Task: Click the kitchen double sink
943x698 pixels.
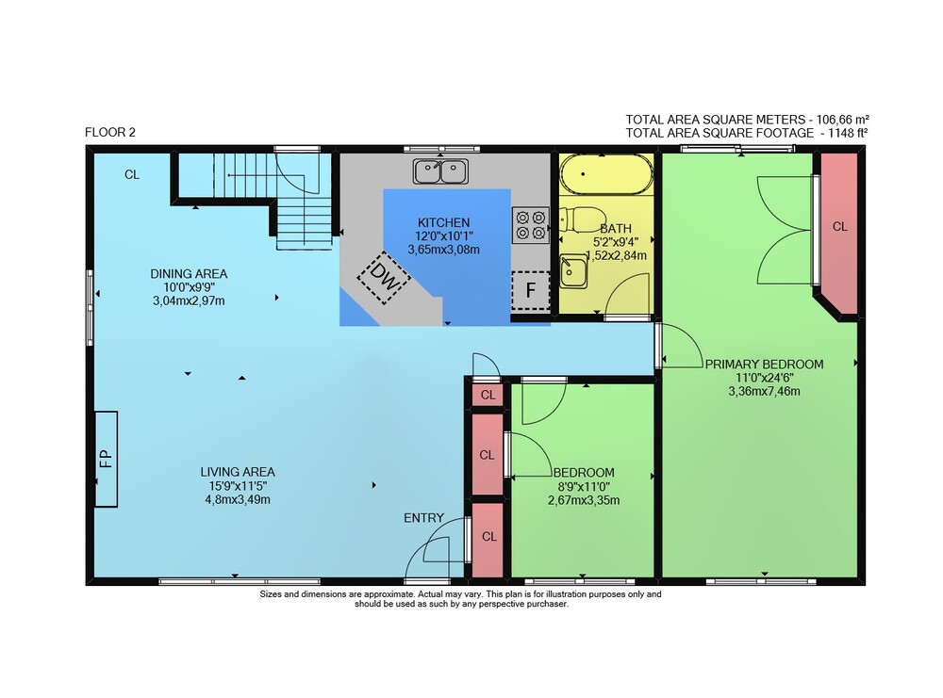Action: (440, 171)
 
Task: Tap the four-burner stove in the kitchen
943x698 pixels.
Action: (530, 225)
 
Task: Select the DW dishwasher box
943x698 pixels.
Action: (384, 278)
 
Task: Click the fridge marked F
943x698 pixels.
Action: (530, 291)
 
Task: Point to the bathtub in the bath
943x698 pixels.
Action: (606, 174)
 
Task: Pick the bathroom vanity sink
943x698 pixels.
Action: (573, 271)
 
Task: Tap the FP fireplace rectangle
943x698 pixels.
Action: (106, 459)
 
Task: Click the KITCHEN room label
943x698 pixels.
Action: (444, 222)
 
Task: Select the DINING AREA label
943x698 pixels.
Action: (189, 274)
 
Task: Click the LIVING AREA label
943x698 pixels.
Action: (238, 472)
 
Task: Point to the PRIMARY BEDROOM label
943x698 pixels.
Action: (765, 364)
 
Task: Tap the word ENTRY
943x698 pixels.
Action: (424, 518)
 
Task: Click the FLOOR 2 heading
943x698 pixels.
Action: (110, 132)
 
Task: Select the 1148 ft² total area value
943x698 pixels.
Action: (848, 133)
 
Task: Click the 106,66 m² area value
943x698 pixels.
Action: (842, 119)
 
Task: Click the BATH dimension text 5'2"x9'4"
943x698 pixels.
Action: (616, 241)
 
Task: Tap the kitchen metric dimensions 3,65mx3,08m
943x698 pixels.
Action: (444, 250)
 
